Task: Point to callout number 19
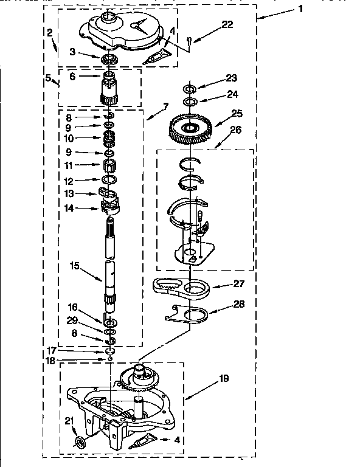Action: tap(224, 379)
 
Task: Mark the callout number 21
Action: tap(68, 420)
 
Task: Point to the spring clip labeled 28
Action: tap(188, 315)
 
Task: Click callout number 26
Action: tap(236, 129)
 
